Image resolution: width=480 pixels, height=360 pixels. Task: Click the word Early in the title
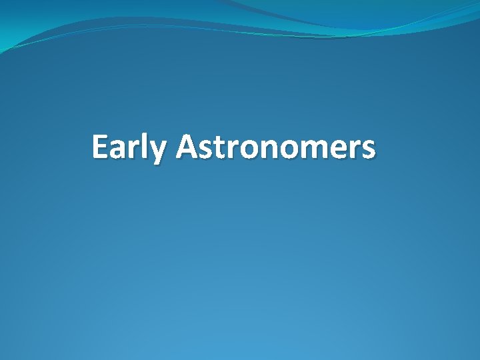[129, 147]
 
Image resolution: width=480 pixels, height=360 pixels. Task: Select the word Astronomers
[275, 147]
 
